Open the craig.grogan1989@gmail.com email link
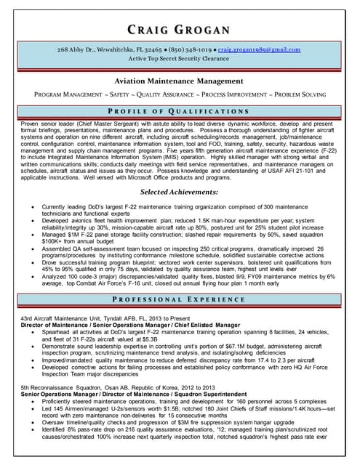tap(260, 49)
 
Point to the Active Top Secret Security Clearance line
tap(180, 59)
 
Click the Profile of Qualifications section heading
tap(180, 111)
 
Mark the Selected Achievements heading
tap(180, 192)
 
